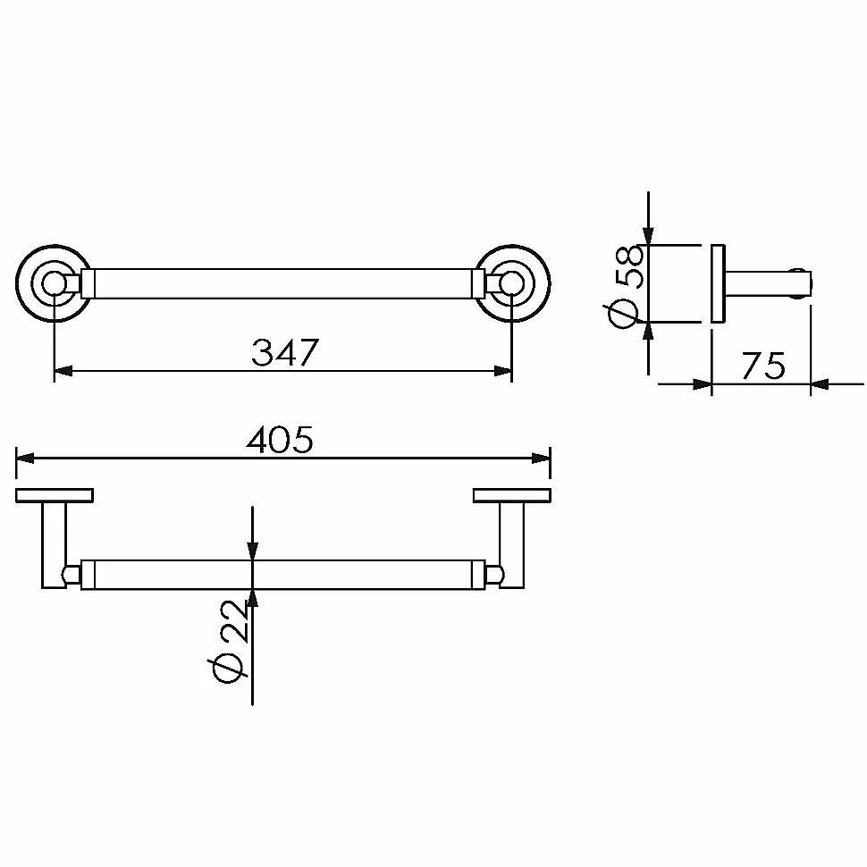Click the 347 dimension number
pos(285,352)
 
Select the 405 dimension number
pos(280,440)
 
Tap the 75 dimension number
pos(763,366)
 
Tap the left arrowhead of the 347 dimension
pos(63,370)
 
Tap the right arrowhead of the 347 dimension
pos(502,370)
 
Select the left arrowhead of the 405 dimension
pos(25,459)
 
